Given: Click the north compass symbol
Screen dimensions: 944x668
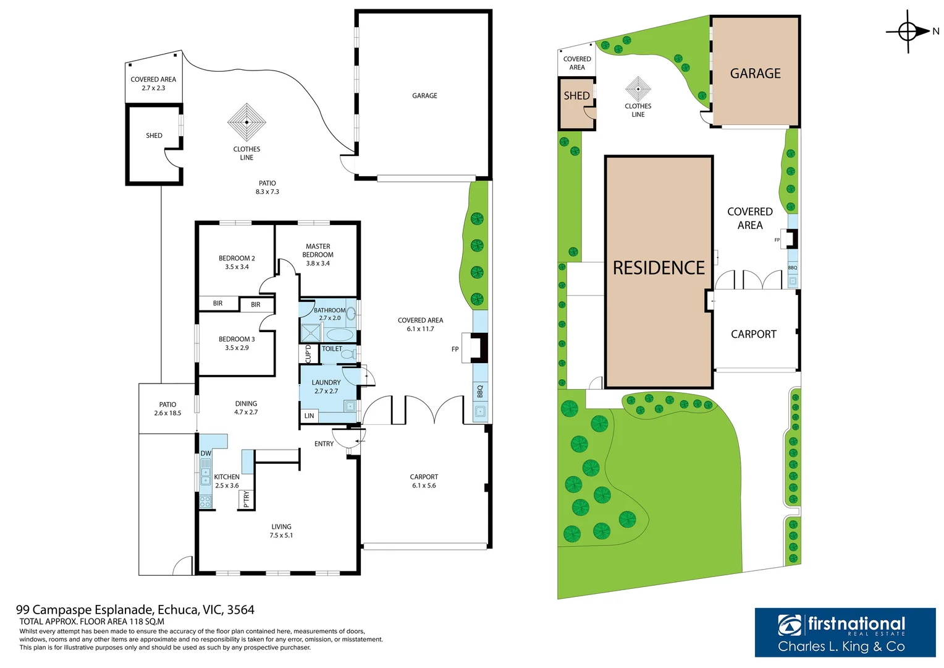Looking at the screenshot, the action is click(x=908, y=31).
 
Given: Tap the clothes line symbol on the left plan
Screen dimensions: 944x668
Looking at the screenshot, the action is click(x=247, y=122).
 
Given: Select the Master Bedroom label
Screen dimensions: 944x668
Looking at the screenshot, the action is click(x=318, y=254).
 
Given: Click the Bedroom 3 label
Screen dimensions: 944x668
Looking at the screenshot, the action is click(x=237, y=343).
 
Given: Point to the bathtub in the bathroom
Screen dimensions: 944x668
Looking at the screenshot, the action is click(x=340, y=335).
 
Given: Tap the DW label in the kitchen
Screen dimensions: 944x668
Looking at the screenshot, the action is click(x=206, y=453).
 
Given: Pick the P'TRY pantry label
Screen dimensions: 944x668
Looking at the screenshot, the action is click(x=247, y=500).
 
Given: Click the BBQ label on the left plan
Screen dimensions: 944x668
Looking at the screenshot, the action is click(x=480, y=391).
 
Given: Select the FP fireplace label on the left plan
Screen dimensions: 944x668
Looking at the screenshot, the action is click(x=455, y=349).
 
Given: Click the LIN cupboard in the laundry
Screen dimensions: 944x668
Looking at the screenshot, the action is click(x=309, y=416).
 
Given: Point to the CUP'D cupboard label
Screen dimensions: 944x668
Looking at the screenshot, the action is click(x=308, y=354).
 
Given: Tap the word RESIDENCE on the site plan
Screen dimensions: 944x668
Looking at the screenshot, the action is click(x=659, y=268).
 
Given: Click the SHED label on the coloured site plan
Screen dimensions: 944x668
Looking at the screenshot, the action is click(x=576, y=96).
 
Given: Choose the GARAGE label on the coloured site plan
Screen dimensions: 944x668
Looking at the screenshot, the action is click(x=755, y=74).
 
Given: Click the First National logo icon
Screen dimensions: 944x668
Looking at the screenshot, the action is click(x=790, y=625).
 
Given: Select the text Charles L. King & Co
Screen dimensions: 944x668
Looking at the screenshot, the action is click(x=841, y=646).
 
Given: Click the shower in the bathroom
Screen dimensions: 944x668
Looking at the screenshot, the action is click(x=311, y=333).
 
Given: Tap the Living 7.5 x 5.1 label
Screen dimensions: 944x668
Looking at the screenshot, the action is click(x=281, y=531).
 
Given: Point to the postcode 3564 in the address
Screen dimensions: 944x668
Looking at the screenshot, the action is click(x=241, y=610).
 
